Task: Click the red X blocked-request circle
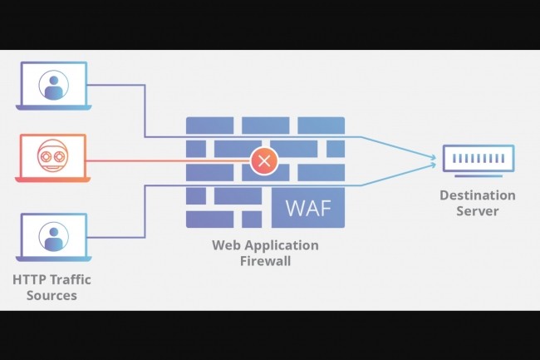(x=264, y=160)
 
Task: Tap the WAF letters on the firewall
(x=307, y=208)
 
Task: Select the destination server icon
(x=478, y=158)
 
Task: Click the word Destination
(x=478, y=195)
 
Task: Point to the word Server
(x=478, y=211)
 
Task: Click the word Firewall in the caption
(x=265, y=261)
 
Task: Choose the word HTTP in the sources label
(x=30, y=279)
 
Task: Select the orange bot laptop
(x=52, y=158)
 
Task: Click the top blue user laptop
(x=52, y=86)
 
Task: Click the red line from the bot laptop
(x=166, y=160)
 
